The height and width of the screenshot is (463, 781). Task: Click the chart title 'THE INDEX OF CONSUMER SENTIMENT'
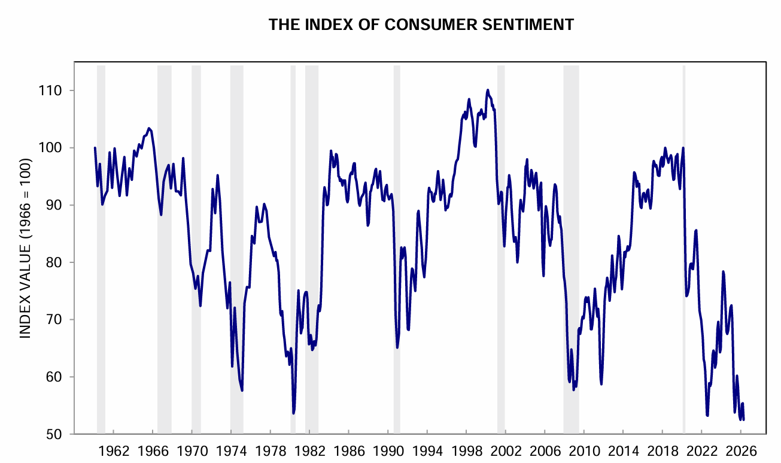pos(421,25)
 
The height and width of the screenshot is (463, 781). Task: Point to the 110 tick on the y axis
pos(53,90)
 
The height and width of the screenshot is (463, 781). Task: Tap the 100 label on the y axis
pos(53,148)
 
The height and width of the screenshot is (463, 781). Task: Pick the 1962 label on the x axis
pos(113,450)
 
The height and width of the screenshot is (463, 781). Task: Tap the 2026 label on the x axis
pos(741,450)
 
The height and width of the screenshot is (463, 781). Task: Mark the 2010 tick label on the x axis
pos(584,450)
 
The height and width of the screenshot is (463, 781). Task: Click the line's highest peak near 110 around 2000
pos(488,90)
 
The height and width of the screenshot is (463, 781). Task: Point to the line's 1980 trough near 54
pos(294,413)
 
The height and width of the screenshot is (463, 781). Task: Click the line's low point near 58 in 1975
pos(242,391)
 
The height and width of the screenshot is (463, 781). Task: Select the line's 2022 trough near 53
pos(707,415)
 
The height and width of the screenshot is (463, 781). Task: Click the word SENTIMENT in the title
pos(534,25)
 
